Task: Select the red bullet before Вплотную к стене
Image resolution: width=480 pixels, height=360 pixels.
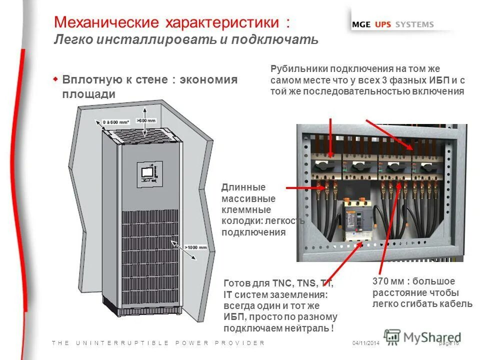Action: click(x=56, y=79)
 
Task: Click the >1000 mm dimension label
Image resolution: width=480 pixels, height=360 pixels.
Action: click(x=195, y=246)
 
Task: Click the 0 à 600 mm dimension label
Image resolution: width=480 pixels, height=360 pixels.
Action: click(x=116, y=122)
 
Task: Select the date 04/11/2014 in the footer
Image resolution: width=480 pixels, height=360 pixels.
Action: click(x=366, y=343)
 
